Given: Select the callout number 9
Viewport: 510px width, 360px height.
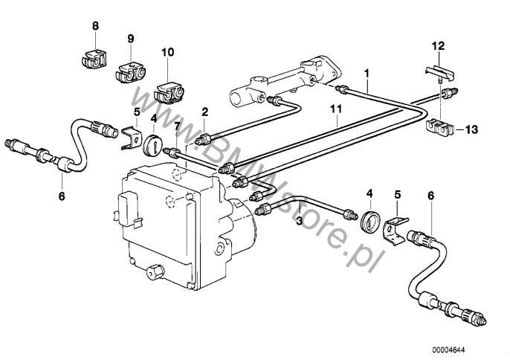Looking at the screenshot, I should [x=131, y=38].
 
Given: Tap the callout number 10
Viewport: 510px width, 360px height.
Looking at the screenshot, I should [x=167, y=52].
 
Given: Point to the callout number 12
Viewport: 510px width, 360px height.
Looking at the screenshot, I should [x=438, y=46].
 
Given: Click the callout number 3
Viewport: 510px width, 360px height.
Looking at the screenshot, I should [x=298, y=221].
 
